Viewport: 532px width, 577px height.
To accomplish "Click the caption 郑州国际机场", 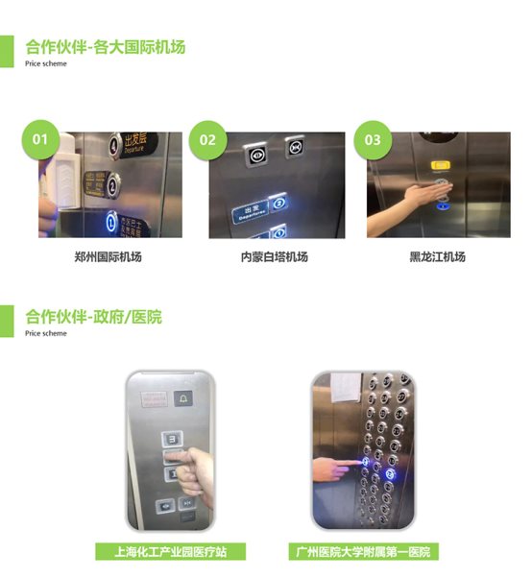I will click(108, 257).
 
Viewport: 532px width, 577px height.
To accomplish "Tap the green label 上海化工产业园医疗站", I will click(170, 552).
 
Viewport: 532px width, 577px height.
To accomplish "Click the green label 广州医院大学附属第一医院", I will click(363, 552).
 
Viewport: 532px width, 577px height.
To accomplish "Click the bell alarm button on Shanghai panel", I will click(183, 397).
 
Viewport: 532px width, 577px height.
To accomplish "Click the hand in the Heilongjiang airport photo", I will click(408, 200).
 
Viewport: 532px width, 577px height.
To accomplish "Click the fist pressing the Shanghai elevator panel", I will click(198, 468).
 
